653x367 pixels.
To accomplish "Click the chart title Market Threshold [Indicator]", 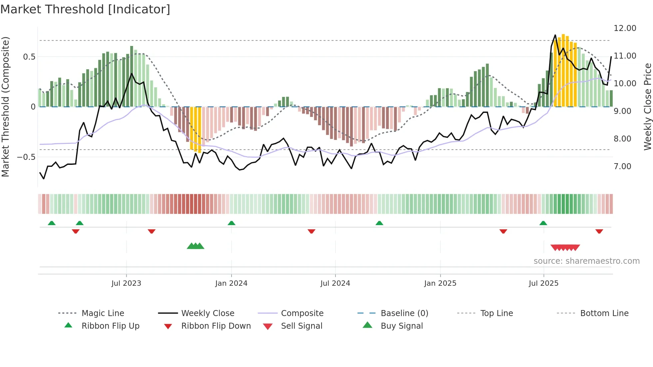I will coord(85,9).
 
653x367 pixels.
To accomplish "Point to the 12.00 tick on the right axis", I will coord(625,28).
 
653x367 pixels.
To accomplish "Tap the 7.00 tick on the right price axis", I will coord(622,166).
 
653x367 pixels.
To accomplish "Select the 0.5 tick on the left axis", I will coord(29,57).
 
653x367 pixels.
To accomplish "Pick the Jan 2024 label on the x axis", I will coord(231,283).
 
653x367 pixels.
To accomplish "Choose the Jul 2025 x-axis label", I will coord(543,283).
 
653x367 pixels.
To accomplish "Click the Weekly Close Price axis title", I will coord(647,107).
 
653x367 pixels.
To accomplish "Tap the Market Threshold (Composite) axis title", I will coord(5,107).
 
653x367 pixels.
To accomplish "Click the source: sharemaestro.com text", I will coord(586,261).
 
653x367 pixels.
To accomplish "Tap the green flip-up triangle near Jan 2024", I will coord(232,223).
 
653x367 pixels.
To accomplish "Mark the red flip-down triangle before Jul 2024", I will coord(312,231).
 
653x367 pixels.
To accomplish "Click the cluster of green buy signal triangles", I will coord(196,246).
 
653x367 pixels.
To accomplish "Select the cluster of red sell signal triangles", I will coord(565,247).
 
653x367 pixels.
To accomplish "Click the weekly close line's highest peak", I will coord(555,35).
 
